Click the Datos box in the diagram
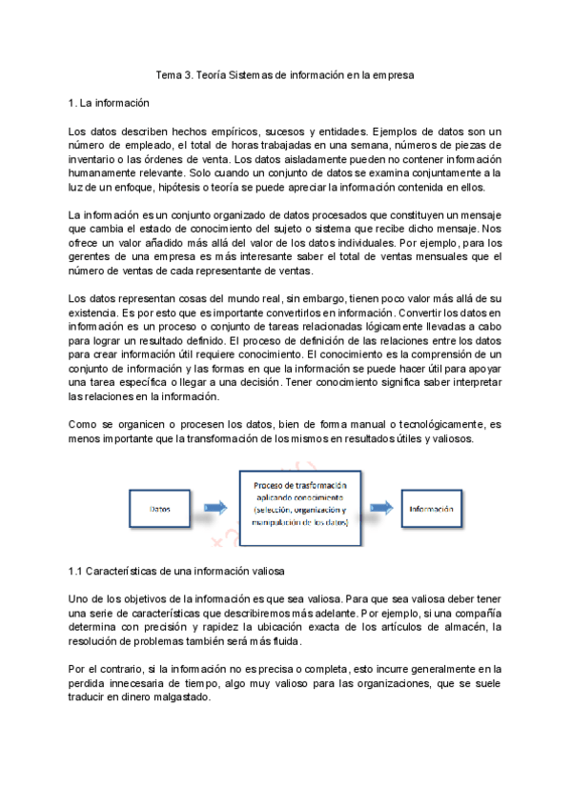point(161,509)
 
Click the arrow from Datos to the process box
point(216,508)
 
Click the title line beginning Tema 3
point(286,75)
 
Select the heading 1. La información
point(109,102)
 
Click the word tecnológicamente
point(428,424)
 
